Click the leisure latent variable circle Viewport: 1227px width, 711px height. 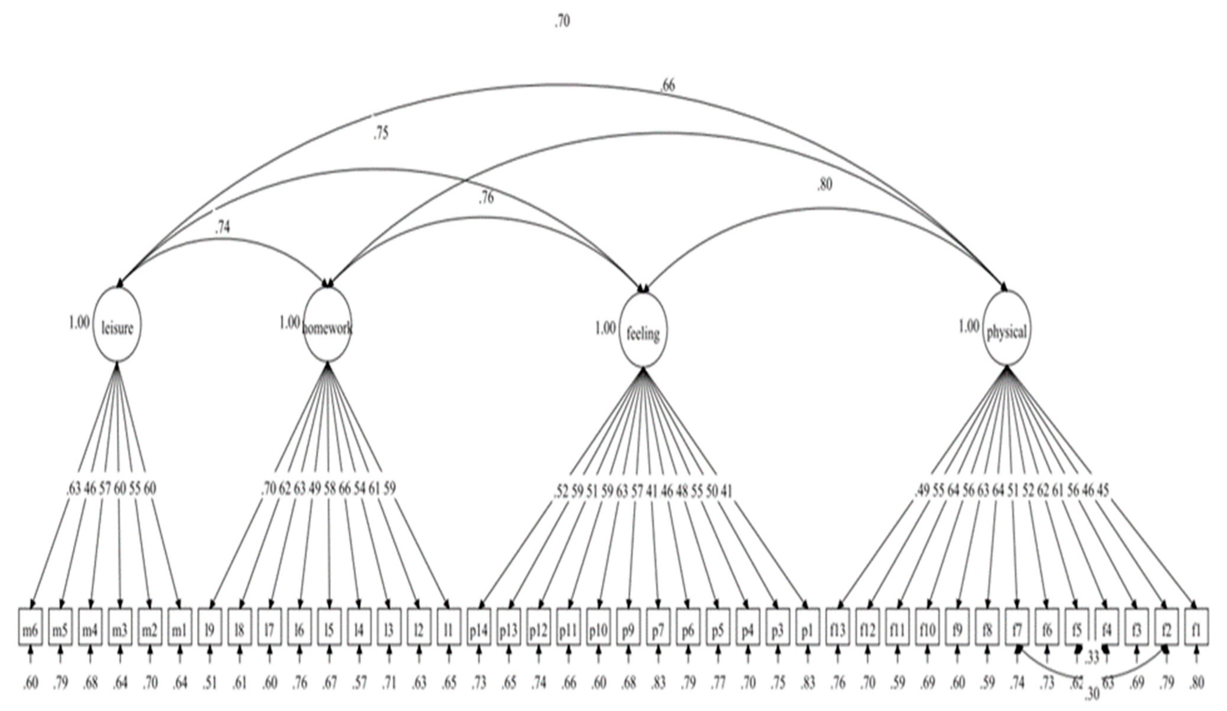pyautogui.click(x=117, y=325)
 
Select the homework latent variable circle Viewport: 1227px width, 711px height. pyautogui.click(x=328, y=325)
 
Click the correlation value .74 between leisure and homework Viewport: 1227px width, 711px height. pyautogui.click(x=222, y=228)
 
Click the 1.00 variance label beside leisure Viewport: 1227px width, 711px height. pyautogui.click(x=79, y=322)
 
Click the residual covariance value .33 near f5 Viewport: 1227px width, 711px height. pyautogui.click(x=1092, y=658)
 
